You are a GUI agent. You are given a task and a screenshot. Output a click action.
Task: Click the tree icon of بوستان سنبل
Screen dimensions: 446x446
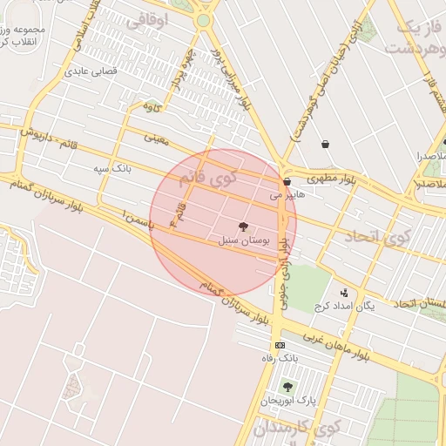tap(242, 226)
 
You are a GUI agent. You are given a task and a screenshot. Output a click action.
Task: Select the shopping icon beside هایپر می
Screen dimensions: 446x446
tap(287, 182)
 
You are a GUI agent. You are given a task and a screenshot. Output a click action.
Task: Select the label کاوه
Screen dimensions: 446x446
tap(152, 108)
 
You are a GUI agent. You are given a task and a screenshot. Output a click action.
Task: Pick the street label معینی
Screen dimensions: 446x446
tap(157, 138)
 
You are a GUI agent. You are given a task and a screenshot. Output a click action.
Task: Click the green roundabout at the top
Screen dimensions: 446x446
tap(203, 20)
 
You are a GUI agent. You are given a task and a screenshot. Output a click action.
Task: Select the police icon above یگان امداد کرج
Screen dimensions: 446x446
tap(343, 293)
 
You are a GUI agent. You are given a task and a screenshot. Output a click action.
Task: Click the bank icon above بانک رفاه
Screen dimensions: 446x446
tap(280, 345)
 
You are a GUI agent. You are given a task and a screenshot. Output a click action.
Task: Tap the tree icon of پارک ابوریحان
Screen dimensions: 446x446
tap(287, 386)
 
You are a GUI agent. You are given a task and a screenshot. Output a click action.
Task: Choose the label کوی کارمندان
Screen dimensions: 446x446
tap(296, 429)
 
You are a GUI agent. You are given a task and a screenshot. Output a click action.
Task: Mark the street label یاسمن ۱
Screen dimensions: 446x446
tap(140, 218)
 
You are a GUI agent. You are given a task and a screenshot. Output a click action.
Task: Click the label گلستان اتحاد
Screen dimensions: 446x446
tap(419, 303)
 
